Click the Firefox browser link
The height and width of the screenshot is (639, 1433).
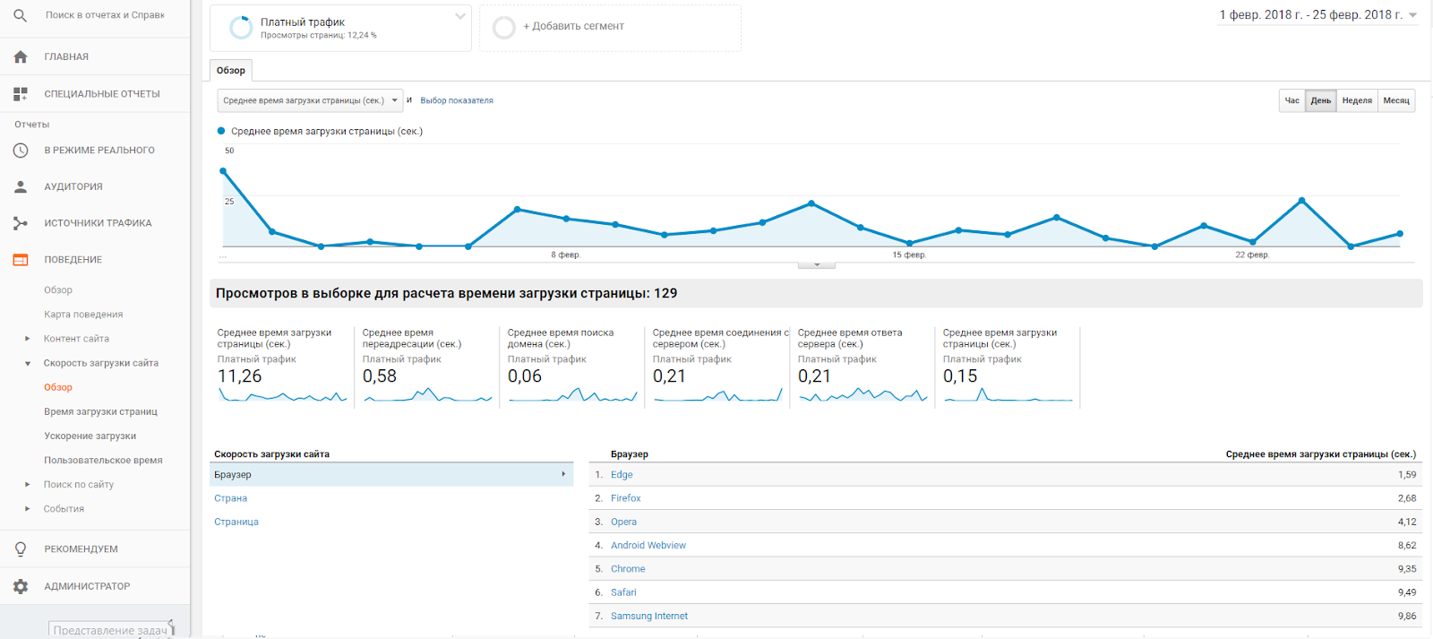click(x=625, y=498)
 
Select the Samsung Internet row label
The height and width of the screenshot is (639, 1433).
click(x=648, y=616)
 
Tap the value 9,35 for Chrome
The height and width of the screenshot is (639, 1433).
click(x=1406, y=569)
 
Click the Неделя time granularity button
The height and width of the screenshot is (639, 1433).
click(x=1357, y=100)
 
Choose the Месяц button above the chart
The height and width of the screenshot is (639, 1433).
click(x=1395, y=100)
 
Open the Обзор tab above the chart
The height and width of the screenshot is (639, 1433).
click(x=231, y=71)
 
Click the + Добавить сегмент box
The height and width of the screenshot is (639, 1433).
click(x=610, y=27)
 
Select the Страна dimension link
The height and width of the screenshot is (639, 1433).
click(x=230, y=498)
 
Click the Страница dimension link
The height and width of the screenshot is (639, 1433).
click(x=236, y=522)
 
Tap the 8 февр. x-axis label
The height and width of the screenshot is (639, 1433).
click(x=565, y=255)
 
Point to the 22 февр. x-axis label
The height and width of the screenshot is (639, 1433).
click(x=1251, y=255)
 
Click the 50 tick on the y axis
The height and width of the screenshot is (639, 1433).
click(x=229, y=151)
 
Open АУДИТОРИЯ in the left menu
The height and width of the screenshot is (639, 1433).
click(x=73, y=186)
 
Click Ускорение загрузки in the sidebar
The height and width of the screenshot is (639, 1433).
click(x=90, y=436)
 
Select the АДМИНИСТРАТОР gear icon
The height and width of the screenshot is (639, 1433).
click(x=21, y=586)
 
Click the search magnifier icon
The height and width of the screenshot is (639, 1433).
click(x=21, y=15)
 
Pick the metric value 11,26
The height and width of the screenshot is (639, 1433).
click(x=240, y=376)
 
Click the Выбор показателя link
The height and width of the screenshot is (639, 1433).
click(x=457, y=100)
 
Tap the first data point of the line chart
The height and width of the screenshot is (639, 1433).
click(x=223, y=171)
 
